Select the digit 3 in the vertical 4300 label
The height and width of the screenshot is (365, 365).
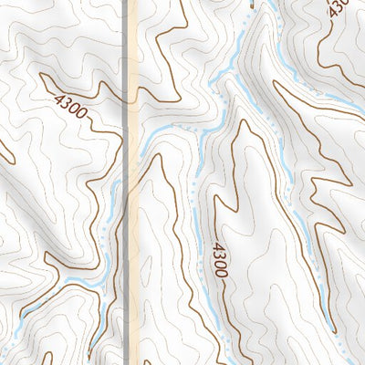(220, 255)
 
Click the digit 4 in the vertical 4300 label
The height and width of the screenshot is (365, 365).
(220, 245)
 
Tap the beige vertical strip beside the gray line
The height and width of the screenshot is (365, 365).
(133, 228)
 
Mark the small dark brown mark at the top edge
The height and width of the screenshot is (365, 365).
(247, 5)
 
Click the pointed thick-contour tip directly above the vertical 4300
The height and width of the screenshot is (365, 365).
(241, 123)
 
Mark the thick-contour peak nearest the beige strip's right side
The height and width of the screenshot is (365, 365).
(157, 157)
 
